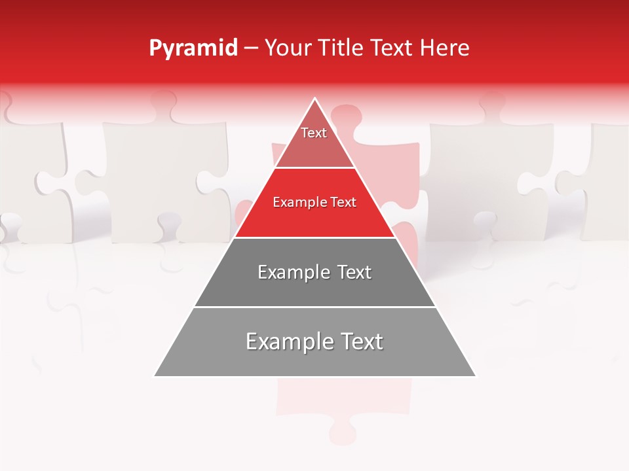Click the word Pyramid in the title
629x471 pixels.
[193, 48]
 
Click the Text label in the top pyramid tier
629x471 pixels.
[314, 133]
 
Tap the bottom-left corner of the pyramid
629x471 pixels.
[155, 376]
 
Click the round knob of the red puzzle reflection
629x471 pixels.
[343, 432]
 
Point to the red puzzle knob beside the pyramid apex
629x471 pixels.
[345, 116]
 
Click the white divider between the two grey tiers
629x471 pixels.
[314, 307]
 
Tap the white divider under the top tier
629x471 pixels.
[314, 168]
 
